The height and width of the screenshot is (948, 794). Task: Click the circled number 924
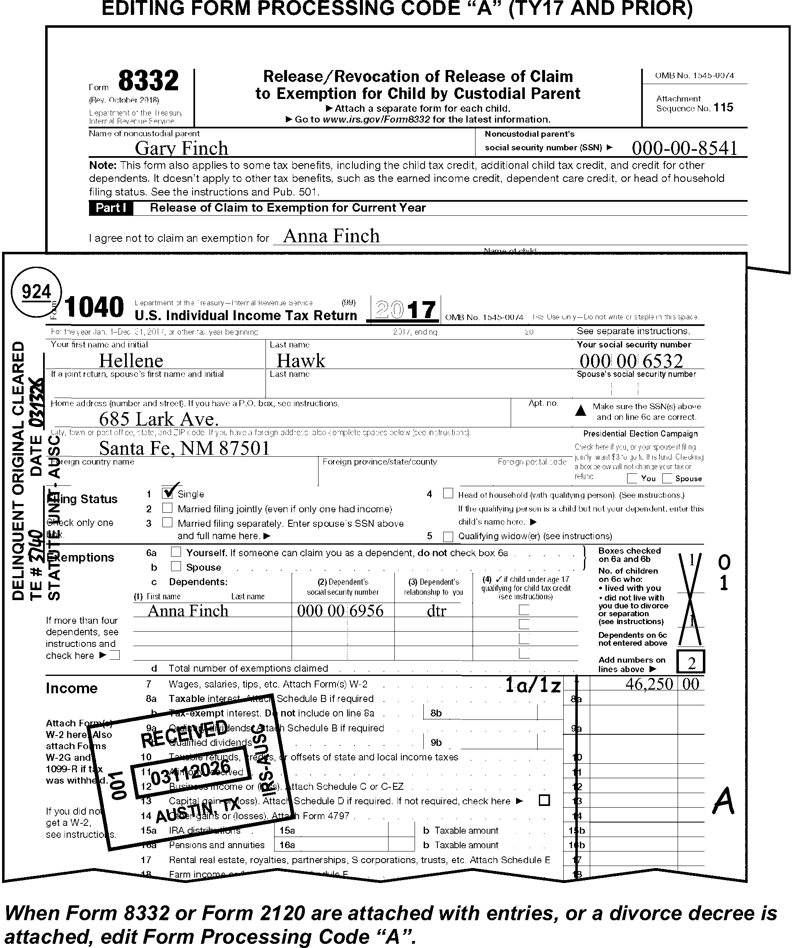click(36, 292)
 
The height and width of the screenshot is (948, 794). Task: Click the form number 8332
click(148, 81)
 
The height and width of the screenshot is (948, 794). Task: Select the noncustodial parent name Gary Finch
click(181, 148)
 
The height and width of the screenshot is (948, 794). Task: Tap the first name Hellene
click(131, 361)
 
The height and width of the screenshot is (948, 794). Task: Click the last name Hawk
click(301, 361)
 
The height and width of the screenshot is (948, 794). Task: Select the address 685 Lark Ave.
click(159, 420)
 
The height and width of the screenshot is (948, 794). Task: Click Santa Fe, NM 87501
click(184, 448)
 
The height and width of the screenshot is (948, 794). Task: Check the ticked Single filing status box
click(167, 493)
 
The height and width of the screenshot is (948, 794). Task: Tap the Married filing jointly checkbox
click(167, 508)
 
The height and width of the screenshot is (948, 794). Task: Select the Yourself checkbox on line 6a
click(176, 552)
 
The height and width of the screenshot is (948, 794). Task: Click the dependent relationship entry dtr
click(436, 611)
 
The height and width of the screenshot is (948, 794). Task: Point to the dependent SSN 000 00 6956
click(340, 611)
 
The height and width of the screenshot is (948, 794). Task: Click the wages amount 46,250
click(649, 684)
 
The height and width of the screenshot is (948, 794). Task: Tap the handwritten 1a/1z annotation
click(533, 686)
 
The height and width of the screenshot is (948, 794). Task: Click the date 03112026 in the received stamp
click(191, 776)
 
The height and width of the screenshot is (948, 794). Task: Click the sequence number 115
click(724, 107)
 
